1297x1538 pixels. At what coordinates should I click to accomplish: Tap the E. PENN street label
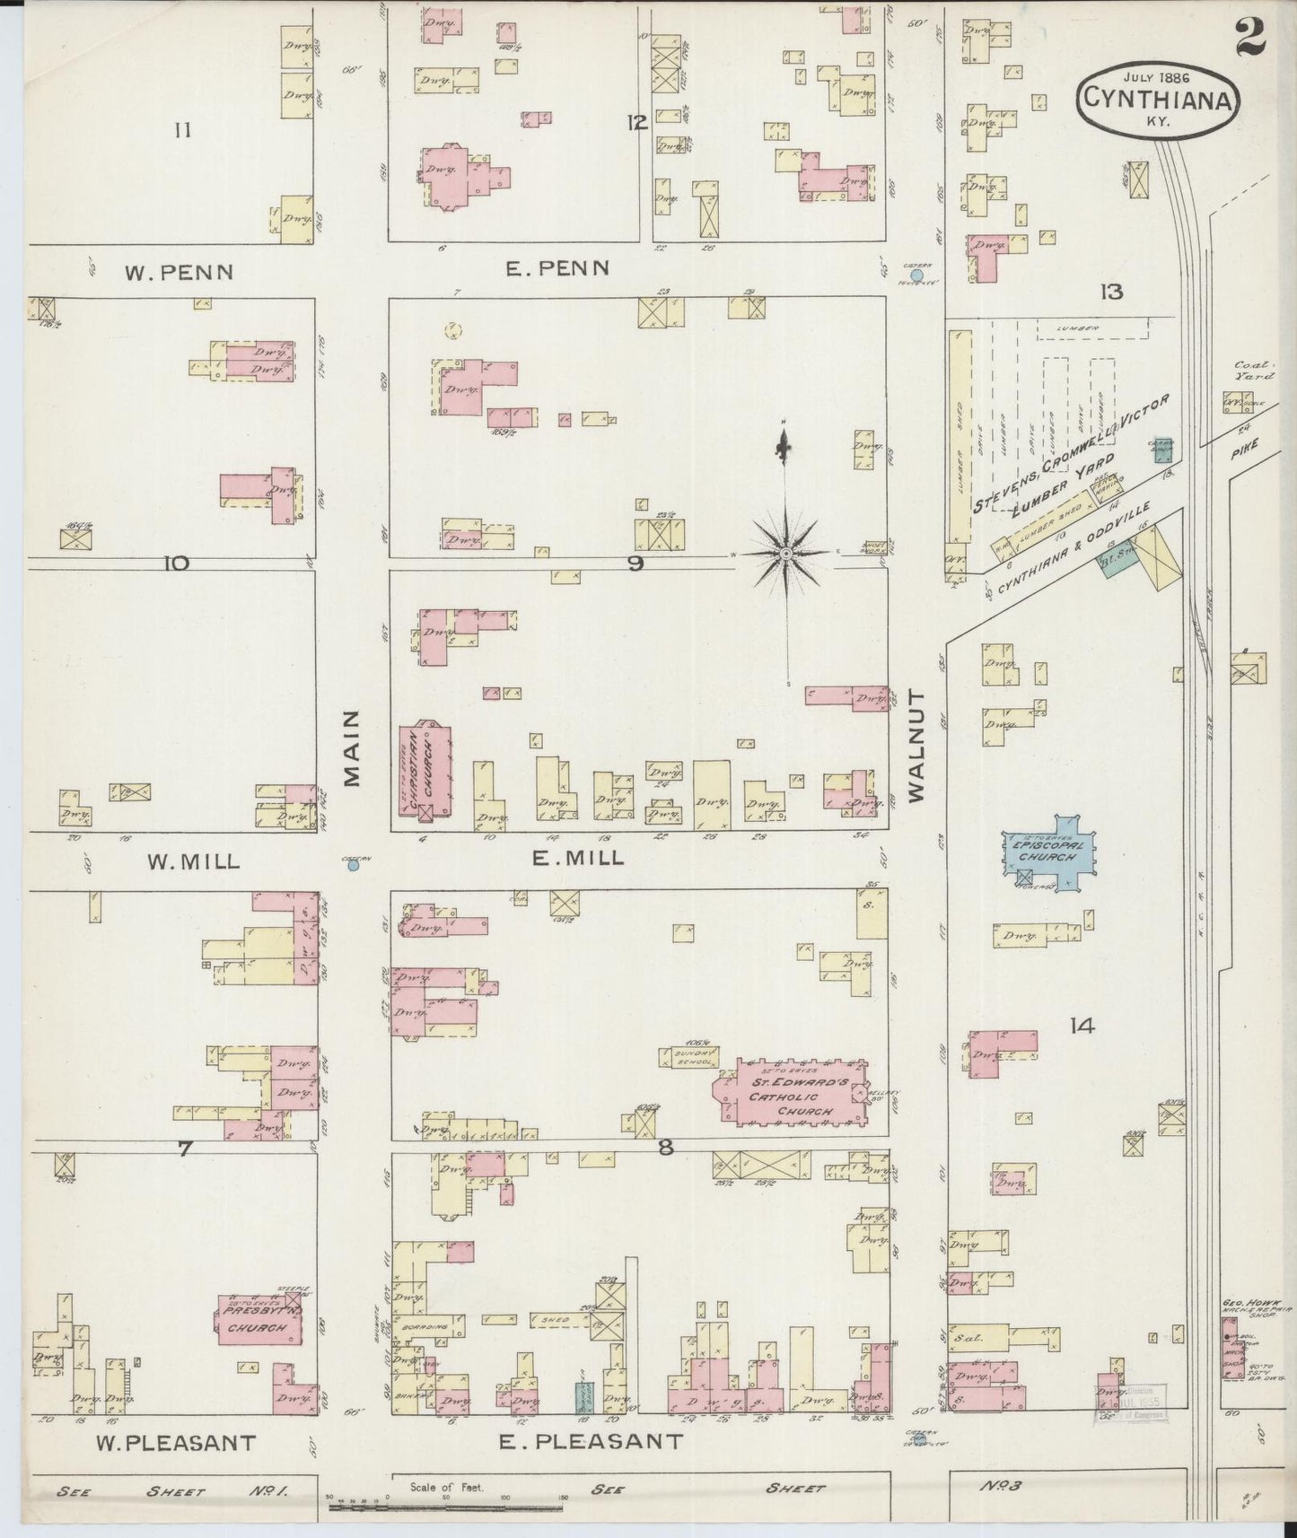tap(557, 267)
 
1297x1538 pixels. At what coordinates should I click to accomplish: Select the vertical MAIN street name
tap(352, 747)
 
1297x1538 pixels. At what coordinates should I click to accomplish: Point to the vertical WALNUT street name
tap(916, 746)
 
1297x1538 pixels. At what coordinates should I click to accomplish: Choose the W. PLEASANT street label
tap(176, 1443)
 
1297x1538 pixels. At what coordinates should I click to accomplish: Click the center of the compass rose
tap(786, 555)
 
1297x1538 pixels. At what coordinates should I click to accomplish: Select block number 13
tap(1112, 291)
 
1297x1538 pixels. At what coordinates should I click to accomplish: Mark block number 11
tap(183, 131)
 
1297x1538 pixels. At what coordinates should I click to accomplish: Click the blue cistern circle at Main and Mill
tap(354, 865)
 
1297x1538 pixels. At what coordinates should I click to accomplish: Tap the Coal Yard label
tap(1249, 371)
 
